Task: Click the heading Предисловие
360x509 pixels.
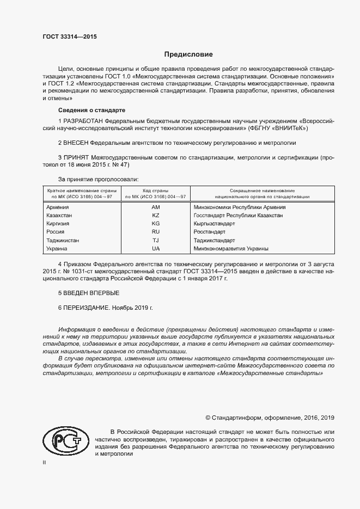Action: click(189, 54)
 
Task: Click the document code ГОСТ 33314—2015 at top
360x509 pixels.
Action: click(70, 36)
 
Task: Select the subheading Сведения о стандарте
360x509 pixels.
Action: click(84, 110)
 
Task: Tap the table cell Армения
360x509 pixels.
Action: click(58, 207)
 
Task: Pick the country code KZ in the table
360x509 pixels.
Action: click(156, 216)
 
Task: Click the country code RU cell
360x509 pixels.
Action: click(156, 232)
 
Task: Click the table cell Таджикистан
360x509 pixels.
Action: click(63, 240)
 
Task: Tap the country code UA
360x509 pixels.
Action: click(156, 248)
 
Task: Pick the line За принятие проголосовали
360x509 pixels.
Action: click(98, 179)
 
